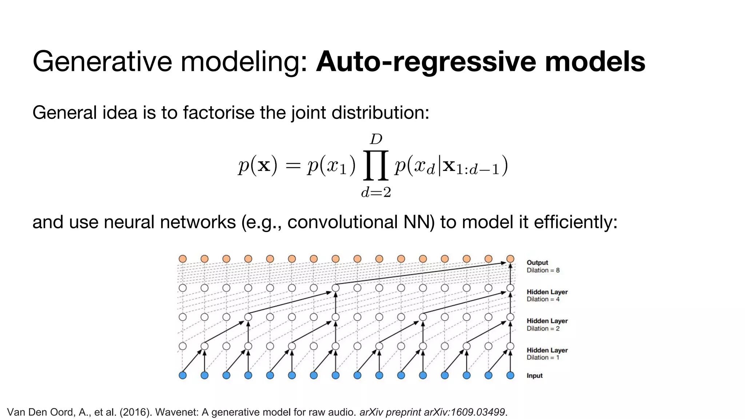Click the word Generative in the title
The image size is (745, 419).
click(102, 62)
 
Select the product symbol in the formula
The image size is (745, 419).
click(376, 165)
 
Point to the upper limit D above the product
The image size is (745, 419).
click(376, 139)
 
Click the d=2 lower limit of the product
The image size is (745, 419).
click(376, 192)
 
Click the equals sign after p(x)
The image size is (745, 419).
click(293, 166)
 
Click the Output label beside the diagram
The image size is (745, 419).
click(537, 263)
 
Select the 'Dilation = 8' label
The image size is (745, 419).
click(543, 270)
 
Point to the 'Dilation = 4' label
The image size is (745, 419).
click(543, 299)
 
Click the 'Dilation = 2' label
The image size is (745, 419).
click(543, 328)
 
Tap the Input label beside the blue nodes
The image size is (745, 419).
click(534, 376)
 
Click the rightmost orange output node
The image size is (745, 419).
click(510, 259)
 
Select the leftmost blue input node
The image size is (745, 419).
click(183, 375)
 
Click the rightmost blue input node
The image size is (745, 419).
click(510, 375)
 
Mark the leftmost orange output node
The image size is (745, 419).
click(183, 259)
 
